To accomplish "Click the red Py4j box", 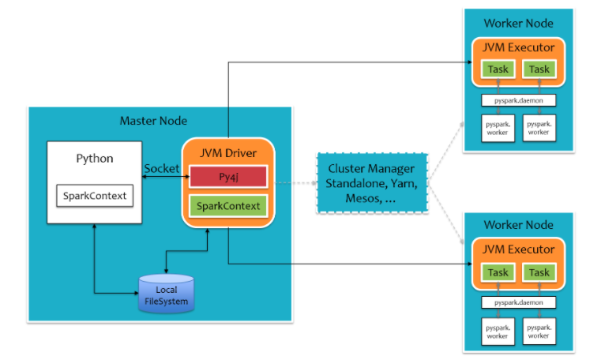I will coord(227,175).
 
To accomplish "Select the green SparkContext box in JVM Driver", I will coord(227,207).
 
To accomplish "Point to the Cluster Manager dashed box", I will coord(371,183).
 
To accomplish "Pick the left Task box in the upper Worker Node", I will coord(498,69).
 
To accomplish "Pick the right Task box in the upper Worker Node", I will coord(539,69).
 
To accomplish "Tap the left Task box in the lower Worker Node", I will coord(498,272).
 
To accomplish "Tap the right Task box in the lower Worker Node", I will coord(539,272).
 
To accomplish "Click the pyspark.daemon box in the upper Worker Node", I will coord(518,100).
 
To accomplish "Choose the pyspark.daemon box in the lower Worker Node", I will coord(518,302).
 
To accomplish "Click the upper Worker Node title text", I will coord(518,23).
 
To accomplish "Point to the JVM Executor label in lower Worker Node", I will coord(518,249).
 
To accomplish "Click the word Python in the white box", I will coord(94,158).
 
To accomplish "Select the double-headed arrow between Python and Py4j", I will coord(163,178).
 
